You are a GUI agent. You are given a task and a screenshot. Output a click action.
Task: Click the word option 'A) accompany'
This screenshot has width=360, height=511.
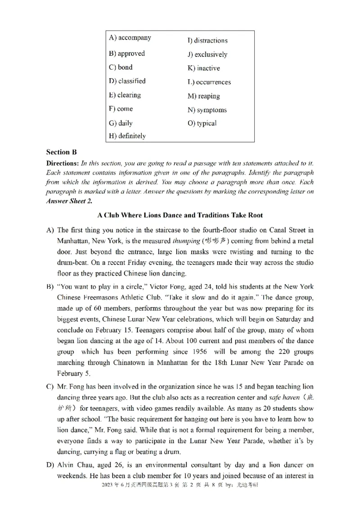tap(130, 38)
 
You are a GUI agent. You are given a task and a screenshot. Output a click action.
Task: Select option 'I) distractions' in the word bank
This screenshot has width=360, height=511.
tap(207, 40)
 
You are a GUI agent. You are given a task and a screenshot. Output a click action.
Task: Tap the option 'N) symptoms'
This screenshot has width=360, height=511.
tap(207, 110)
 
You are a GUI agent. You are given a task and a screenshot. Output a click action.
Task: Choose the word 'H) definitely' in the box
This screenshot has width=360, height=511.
tap(127, 135)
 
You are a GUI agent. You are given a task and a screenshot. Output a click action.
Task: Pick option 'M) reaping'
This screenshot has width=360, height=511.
tap(203, 96)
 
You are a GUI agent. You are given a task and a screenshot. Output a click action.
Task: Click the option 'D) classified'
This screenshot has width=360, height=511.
tap(127, 81)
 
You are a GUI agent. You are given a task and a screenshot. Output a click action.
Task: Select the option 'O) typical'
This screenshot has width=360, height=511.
tap(202, 123)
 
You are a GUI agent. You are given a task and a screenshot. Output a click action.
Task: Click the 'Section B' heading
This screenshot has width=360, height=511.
tap(64, 152)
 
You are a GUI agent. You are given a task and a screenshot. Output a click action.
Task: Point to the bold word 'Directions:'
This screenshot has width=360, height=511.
tap(63, 163)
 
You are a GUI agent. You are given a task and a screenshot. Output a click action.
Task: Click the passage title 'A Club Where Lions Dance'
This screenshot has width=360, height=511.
tap(180, 215)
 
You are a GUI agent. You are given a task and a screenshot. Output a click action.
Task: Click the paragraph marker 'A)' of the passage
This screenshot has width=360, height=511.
tap(50, 230)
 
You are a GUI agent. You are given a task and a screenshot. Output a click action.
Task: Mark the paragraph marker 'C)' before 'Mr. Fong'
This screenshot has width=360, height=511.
tap(50, 387)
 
